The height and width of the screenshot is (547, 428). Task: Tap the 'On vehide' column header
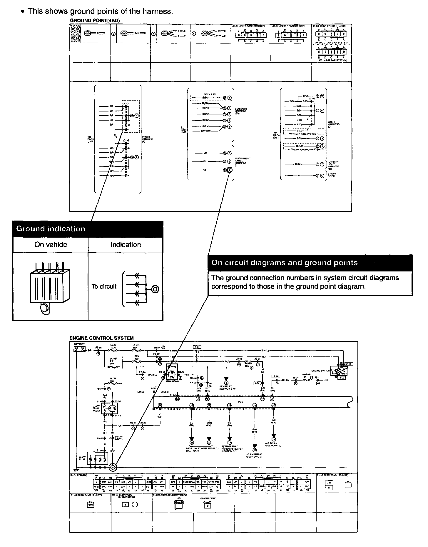pos(51,245)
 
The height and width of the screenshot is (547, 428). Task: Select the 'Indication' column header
pos(126,245)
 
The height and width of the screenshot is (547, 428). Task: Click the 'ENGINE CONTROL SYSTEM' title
pos(101,338)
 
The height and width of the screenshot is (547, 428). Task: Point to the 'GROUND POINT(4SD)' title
pos(95,20)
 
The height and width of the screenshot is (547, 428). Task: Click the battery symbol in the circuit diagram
pos(78,349)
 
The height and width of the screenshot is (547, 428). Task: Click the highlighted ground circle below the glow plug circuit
pos(113,467)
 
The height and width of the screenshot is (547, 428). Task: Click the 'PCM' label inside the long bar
pos(241,401)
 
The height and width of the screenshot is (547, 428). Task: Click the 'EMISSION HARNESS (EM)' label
pos(240,111)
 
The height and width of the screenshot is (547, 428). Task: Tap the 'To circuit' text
pos(104,286)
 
